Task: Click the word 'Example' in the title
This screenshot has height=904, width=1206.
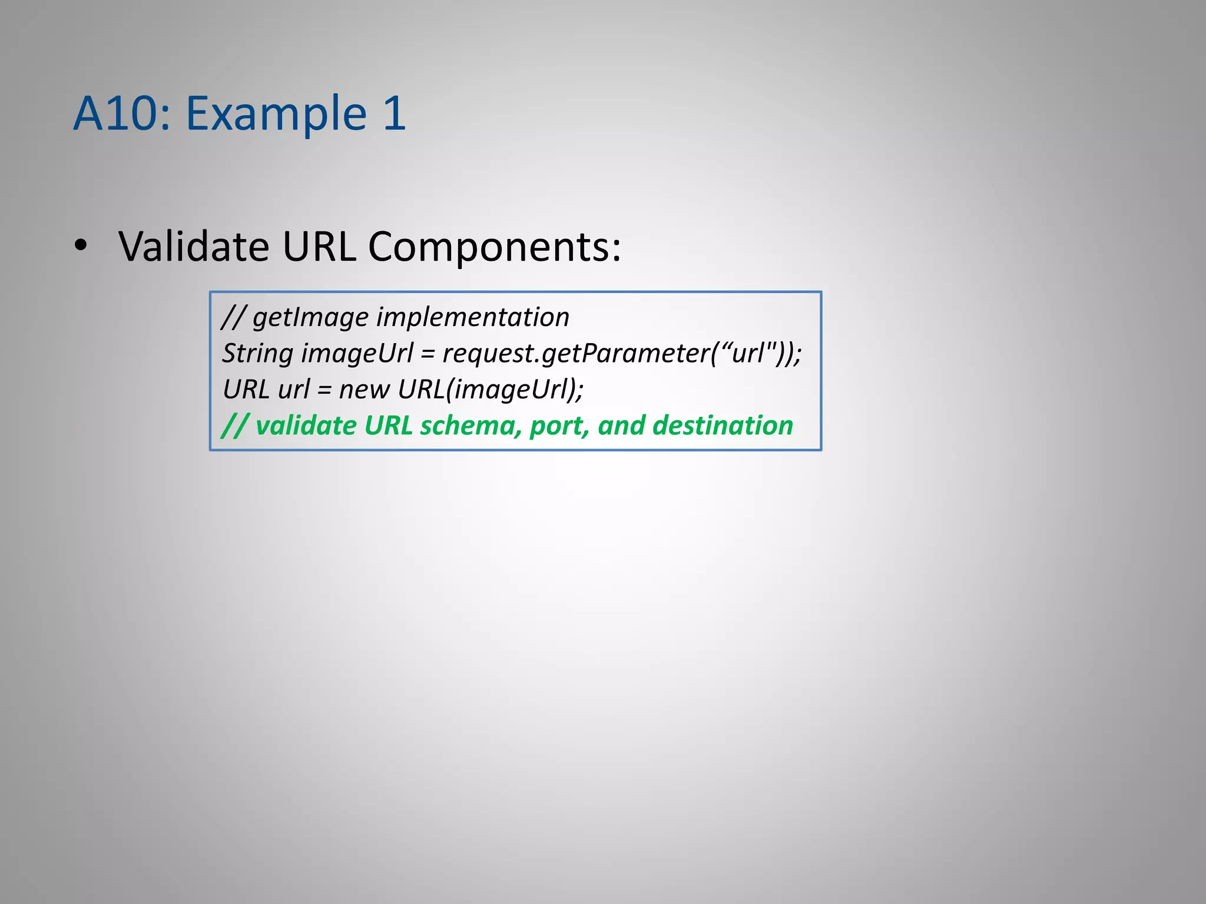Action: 276,113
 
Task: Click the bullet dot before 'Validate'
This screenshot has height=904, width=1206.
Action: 81,246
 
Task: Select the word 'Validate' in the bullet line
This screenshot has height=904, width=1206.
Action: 194,246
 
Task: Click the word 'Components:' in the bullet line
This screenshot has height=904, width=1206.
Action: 494,246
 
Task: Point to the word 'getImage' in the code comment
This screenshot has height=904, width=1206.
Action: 310,318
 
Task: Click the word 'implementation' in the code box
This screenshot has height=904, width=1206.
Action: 472,318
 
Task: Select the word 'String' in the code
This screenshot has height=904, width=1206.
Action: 257,354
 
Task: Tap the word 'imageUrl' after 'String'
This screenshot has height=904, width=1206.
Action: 357,354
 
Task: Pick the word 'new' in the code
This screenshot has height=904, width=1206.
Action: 364,390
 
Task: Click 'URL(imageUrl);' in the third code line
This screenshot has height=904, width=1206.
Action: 491,390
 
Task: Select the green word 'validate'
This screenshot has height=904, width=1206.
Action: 306,426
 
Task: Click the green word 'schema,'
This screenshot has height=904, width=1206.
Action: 471,426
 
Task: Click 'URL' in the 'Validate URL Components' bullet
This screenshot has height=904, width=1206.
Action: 319,246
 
